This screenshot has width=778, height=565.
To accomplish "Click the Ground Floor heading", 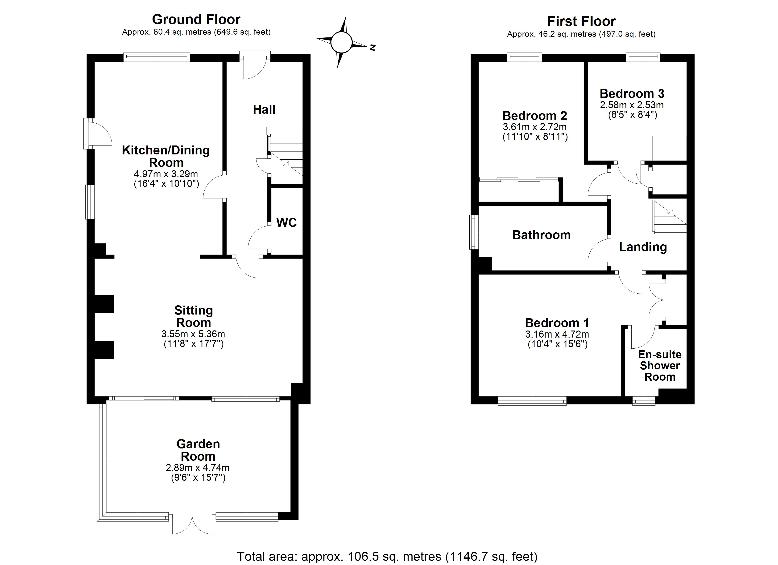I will tap(196, 20).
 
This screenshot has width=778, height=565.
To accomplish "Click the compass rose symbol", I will tap(342, 42).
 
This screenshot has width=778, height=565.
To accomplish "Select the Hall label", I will tap(264, 110).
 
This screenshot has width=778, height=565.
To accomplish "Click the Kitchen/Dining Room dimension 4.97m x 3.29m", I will tap(166, 174).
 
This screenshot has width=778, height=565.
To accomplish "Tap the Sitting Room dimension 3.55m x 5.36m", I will tap(193, 334).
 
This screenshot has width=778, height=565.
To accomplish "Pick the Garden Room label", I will tap(198, 450).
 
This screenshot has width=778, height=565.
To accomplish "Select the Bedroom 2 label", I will tap(534, 116).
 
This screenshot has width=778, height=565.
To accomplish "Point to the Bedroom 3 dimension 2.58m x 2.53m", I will tap(632, 105).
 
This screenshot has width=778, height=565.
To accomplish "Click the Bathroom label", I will tap(541, 235).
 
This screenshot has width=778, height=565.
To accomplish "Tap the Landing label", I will tap(642, 247).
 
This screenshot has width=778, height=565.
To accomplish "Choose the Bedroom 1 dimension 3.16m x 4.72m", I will tap(557, 334).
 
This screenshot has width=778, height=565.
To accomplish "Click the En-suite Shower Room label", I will tap(659, 366).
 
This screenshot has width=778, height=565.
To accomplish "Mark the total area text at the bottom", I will tap(387, 557).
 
